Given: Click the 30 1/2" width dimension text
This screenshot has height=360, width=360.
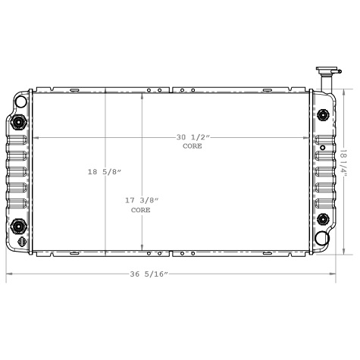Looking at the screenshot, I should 193,137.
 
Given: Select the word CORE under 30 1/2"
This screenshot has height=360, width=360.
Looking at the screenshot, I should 193,146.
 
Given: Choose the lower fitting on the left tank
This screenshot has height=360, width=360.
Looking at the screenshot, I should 18,225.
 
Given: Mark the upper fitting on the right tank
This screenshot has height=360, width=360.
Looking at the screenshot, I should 324,114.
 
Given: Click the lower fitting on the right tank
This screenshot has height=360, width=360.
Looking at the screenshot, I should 324,220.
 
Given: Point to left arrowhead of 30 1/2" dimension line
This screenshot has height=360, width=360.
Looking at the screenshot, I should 34,138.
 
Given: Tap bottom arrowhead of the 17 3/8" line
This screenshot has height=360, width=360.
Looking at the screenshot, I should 142,247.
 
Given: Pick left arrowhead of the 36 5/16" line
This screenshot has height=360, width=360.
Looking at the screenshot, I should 10,273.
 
